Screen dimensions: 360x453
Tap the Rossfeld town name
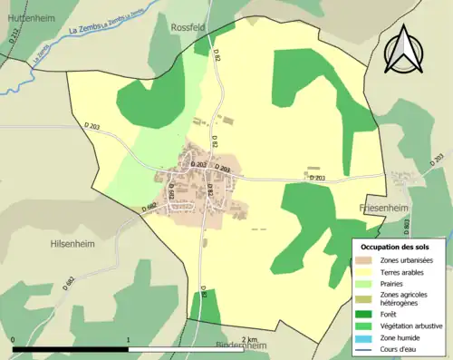pos(193,28)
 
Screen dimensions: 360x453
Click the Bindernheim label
pos(243,346)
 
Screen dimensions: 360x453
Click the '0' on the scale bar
pos(14,339)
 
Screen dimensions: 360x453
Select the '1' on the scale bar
pos(128,339)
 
